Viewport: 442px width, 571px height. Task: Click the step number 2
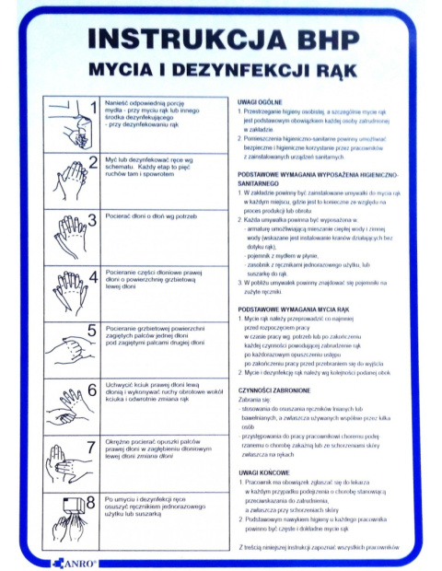[92, 163]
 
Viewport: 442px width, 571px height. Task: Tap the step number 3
[92, 219]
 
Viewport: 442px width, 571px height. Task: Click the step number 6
[92, 389]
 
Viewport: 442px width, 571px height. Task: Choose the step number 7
[92, 446]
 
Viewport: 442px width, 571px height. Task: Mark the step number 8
[92, 502]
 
